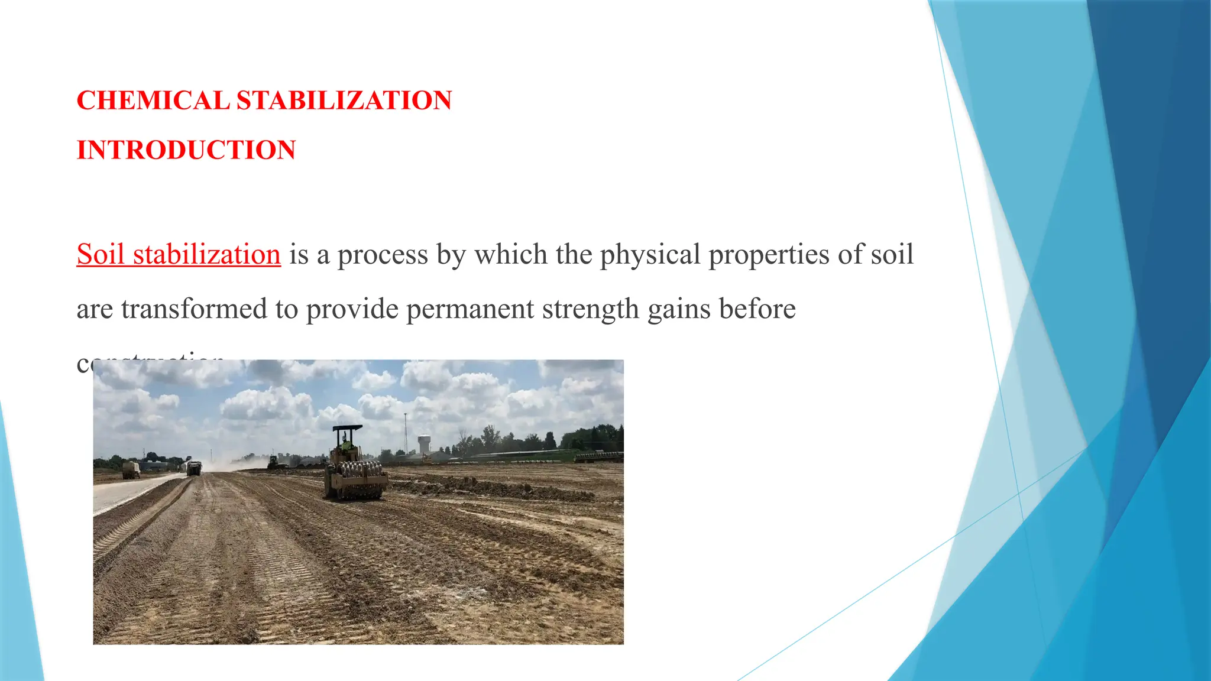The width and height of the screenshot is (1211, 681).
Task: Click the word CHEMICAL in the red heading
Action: pyautogui.click(x=153, y=100)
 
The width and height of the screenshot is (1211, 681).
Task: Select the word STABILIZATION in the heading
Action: pyautogui.click(x=344, y=100)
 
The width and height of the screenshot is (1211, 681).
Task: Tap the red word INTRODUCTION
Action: pyautogui.click(x=186, y=150)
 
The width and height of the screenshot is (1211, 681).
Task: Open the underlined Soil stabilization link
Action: pyautogui.click(x=179, y=255)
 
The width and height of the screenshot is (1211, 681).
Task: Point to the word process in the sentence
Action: pyautogui.click(x=383, y=255)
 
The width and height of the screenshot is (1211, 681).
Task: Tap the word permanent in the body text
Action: pyautogui.click(x=470, y=309)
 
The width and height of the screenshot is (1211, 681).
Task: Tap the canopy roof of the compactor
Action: pyautogui.click(x=348, y=427)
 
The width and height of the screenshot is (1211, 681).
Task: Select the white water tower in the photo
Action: pyautogui.click(x=424, y=443)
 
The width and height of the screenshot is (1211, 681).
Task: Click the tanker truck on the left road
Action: pyautogui.click(x=131, y=471)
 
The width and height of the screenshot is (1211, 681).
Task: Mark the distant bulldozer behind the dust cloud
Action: pyautogui.click(x=274, y=462)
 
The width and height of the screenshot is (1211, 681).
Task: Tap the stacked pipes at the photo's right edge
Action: pyautogui.click(x=600, y=456)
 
